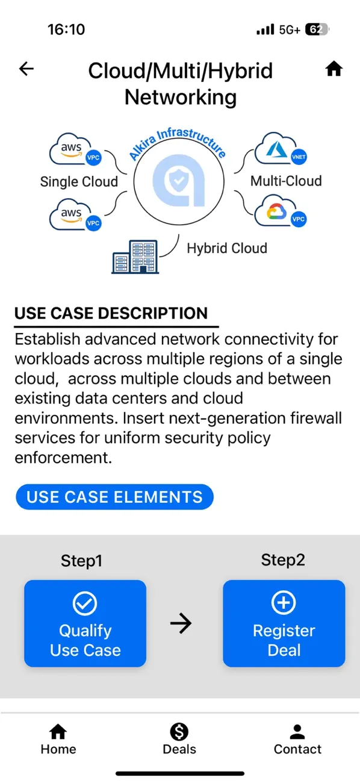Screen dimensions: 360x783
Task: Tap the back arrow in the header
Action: [26, 69]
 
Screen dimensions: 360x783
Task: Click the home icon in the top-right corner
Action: [334, 69]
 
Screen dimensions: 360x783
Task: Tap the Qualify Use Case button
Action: [85, 623]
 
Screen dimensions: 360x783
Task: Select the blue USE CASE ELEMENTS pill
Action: [114, 497]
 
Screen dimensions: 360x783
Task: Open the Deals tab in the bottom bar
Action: [179, 739]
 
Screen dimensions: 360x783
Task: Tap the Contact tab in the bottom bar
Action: [297, 739]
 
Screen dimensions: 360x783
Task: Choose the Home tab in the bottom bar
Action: [58, 739]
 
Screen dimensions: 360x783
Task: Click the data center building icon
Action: [135, 256]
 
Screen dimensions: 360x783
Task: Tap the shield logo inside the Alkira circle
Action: [179, 181]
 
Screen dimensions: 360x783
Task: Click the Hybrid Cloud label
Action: [227, 248]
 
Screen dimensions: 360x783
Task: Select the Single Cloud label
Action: [79, 181]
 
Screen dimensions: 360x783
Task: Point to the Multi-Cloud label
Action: [286, 181]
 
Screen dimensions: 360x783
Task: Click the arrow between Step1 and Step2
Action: [181, 623]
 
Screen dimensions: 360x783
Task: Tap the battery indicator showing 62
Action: [317, 30]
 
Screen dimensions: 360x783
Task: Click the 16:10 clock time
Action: [66, 30]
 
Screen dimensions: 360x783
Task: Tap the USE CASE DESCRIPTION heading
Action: [111, 313]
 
